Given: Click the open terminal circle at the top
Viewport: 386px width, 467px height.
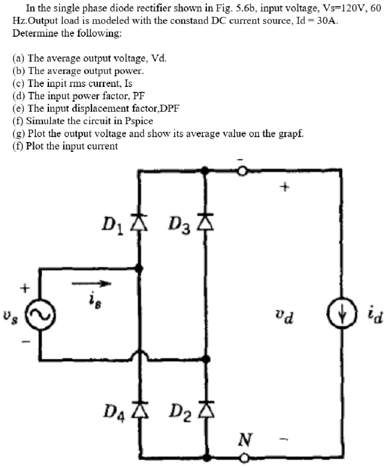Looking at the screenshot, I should click(x=243, y=171).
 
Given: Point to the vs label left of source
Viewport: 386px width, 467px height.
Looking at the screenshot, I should click(x=8, y=317).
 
